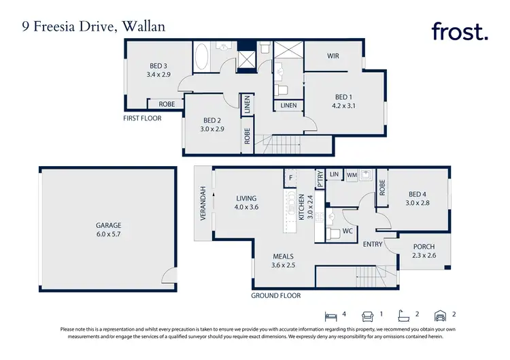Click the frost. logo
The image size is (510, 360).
[x=459, y=31]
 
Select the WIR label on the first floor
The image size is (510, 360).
[x=333, y=56]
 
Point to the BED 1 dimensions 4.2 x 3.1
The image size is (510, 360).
[x=343, y=106]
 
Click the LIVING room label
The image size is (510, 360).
[x=247, y=199]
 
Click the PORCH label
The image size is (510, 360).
[x=424, y=246]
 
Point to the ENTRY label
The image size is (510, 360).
[x=373, y=244]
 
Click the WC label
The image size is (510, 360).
[x=347, y=231]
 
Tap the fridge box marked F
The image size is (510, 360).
[x=290, y=178]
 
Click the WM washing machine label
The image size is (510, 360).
[x=352, y=175]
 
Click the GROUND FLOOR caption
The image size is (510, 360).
[x=275, y=296]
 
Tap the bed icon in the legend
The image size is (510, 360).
[x=331, y=315]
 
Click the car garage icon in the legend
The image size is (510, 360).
[x=441, y=315]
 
